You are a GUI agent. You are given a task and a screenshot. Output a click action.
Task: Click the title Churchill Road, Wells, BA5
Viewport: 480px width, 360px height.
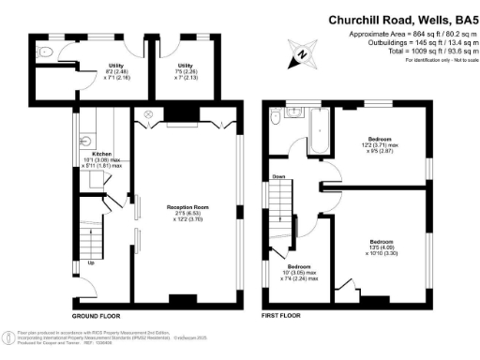pyautogui.click(x=399, y=18)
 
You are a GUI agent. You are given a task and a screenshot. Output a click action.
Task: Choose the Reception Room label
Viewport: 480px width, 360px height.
pyautogui.click(x=187, y=212)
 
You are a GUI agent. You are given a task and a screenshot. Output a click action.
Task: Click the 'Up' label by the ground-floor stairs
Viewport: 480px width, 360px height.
pyautogui.click(x=90, y=262)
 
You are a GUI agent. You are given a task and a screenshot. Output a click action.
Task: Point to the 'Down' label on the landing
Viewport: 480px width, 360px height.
pyautogui.click(x=278, y=175)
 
